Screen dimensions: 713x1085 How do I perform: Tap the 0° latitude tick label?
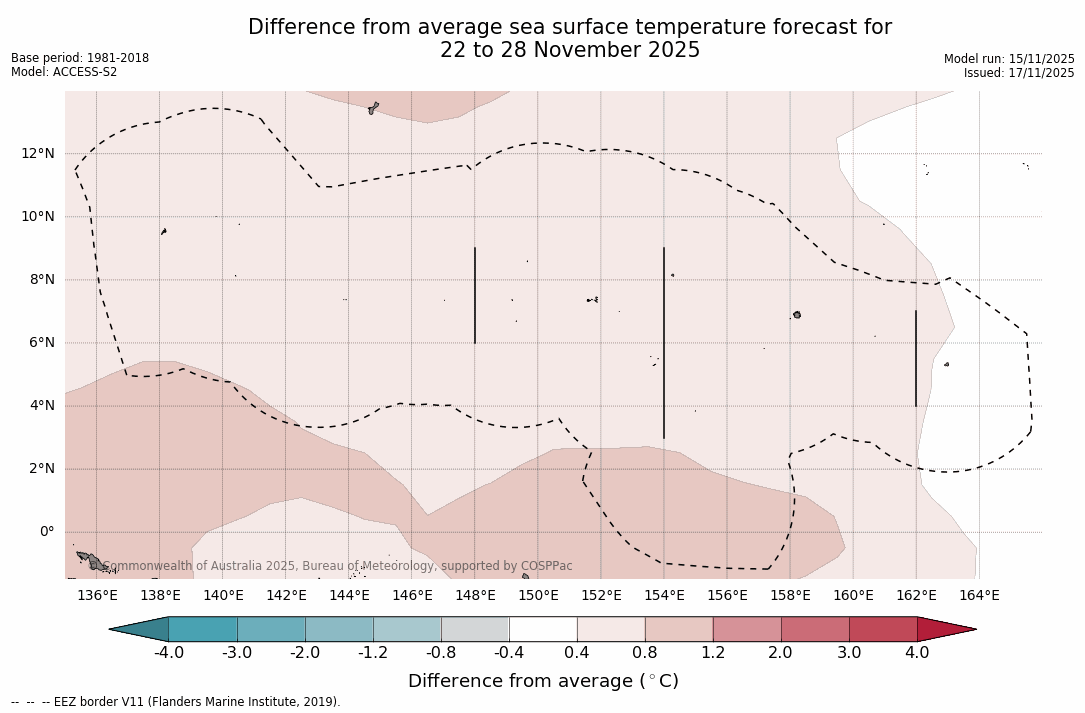click(x=45, y=532)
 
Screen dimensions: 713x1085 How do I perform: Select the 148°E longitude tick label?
click(x=475, y=595)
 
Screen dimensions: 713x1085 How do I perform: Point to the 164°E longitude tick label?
click(x=979, y=595)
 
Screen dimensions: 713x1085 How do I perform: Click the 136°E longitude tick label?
click(x=97, y=595)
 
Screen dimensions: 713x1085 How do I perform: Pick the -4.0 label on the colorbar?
click(x=168, y=653)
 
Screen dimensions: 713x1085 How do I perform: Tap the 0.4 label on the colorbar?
click(x=577, y=653)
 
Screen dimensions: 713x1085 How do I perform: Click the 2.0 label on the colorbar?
click(x=781, y=653)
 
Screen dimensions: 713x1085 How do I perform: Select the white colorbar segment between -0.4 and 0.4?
click(x=543, y=629)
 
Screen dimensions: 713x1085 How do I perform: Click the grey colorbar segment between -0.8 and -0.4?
click(x=475, y=629)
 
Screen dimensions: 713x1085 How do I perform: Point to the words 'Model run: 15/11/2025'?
click(x=1009, y=59)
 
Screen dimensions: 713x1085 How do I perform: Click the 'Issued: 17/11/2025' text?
click(x=1019, y=73)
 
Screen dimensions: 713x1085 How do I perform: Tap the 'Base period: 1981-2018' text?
click(x=80, y=58)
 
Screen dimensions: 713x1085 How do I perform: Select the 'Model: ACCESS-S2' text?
click(x=64, y=72)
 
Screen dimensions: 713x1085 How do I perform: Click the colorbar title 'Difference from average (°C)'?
click(x=543, y=681)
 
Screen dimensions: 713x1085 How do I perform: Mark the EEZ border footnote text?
click(x=176, y=702)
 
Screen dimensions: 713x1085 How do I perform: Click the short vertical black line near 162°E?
click(x=916, y=358)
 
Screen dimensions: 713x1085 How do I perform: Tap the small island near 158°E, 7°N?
click(x=797, y=315)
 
